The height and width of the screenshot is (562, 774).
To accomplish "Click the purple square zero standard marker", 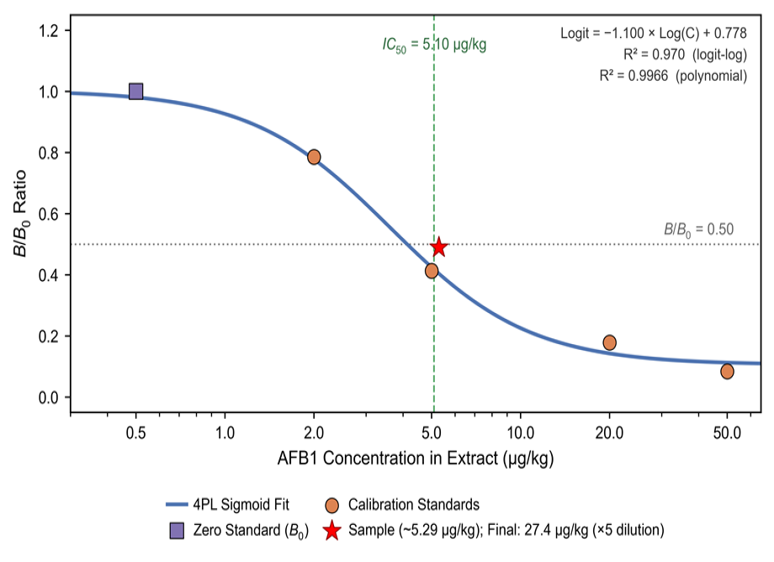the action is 135,91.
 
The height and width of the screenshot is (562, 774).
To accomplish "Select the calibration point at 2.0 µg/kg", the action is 314,157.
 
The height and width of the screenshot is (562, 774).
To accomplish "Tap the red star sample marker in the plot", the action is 439,247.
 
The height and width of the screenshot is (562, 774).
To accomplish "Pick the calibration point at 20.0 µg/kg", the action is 610,342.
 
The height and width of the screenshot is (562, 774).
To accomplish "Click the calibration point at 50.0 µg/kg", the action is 727,372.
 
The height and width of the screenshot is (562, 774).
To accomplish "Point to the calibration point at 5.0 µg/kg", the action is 432,271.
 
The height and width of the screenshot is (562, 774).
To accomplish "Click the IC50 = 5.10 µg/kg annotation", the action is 434,45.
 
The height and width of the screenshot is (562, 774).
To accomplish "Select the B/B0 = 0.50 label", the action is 698,230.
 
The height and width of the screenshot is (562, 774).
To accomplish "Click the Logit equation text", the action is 654,33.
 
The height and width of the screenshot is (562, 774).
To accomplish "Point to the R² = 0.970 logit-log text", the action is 685,55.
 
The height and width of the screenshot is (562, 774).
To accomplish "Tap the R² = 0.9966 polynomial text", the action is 673,76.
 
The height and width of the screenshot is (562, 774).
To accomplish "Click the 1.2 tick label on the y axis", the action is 49,31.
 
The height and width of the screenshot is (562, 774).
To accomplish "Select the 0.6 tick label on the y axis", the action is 49,215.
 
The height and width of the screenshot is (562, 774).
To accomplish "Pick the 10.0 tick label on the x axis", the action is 520,432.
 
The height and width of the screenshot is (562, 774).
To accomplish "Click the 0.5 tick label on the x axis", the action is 135,432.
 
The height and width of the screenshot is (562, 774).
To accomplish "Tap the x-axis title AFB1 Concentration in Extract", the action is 416,458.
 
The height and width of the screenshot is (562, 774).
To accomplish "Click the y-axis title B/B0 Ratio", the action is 20,214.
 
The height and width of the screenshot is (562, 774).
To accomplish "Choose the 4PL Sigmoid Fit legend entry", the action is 227,504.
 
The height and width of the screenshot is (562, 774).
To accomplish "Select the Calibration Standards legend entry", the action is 402,504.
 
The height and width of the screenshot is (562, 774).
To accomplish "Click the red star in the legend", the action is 331,530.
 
